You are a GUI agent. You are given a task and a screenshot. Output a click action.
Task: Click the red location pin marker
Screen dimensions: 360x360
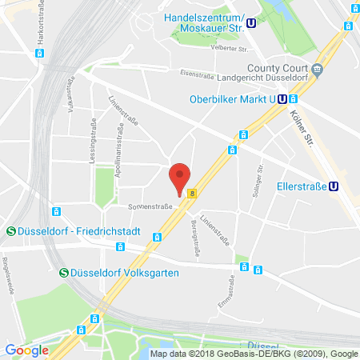coord(182,177)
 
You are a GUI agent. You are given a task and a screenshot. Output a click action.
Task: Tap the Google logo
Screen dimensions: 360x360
coord(26,350)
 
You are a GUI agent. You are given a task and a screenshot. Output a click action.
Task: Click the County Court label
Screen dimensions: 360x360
coord(282,70)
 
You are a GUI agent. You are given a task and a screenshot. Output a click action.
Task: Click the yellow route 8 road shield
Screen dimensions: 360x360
coord(192,193)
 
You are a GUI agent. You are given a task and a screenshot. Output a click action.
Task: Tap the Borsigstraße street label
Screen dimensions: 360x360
coord(194,238)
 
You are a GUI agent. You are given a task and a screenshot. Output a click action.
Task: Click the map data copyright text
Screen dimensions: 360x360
coord(254,353)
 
